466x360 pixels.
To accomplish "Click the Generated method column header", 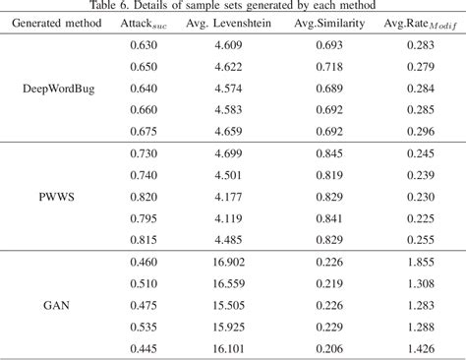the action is click(57, 23).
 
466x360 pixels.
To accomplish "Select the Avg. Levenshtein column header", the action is click(228, 23).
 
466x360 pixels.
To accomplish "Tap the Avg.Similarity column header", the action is click(329, 23).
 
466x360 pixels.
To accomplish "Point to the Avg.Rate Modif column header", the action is click(420, 24).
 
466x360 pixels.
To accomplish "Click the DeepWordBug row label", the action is click(59, 89).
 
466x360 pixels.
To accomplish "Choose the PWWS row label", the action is click(57, 197).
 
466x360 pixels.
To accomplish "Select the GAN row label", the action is click(56, 305).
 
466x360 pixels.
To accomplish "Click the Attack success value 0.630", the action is click(144, 45).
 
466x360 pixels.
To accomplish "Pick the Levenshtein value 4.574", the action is click(228, 89).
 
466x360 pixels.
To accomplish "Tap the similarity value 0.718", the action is click(329, 67).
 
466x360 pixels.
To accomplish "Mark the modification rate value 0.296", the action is click(421, 132).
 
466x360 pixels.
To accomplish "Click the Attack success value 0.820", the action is click(144, 197).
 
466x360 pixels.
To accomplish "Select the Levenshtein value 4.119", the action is click(228, 218).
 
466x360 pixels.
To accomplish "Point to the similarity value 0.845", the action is click(329, 153).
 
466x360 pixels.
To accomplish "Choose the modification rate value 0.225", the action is click(421, 218).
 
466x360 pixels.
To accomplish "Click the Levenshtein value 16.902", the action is click(228, 262).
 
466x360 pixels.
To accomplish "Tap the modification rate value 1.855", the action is click(421, 262).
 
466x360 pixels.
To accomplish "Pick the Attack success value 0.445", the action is click(144, 348).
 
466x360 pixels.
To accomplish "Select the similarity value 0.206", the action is click(329, 348).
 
